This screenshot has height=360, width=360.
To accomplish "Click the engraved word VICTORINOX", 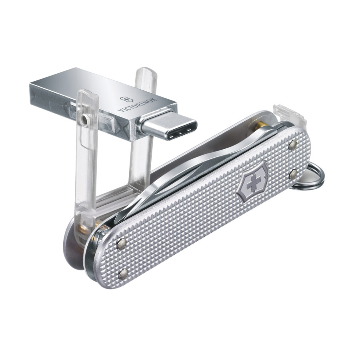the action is (x=137, y=105).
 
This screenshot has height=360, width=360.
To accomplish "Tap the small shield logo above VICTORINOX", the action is (x=126, y=99).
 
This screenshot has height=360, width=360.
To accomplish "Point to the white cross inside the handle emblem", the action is (x=252, y=182).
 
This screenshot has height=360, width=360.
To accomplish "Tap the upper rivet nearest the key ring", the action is (x=293, y=145).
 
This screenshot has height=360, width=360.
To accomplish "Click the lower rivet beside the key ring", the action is (x=294, y=174).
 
